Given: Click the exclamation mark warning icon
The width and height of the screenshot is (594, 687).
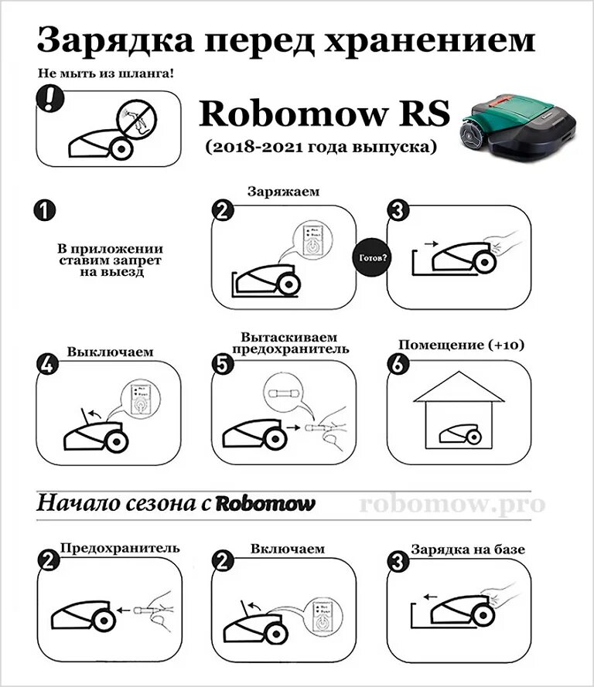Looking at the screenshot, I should pos(50,99).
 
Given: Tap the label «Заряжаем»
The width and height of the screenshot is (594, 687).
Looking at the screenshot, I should pos(283,191).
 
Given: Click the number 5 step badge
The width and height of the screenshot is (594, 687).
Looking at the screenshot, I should pos(223,366).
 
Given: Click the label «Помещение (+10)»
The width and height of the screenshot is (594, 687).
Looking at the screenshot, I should pos(459,344).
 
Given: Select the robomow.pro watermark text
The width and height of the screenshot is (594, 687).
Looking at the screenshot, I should pos(452,504).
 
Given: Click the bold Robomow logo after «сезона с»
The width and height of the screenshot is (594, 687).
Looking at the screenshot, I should pos(266,505).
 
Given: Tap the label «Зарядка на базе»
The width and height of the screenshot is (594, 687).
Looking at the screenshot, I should pos(468,549).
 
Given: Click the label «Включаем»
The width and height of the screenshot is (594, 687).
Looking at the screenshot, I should pos(287,549).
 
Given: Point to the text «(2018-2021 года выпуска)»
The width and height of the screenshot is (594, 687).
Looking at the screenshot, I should pos(321,145).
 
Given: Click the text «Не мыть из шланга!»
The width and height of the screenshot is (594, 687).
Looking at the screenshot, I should pos(105,74).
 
